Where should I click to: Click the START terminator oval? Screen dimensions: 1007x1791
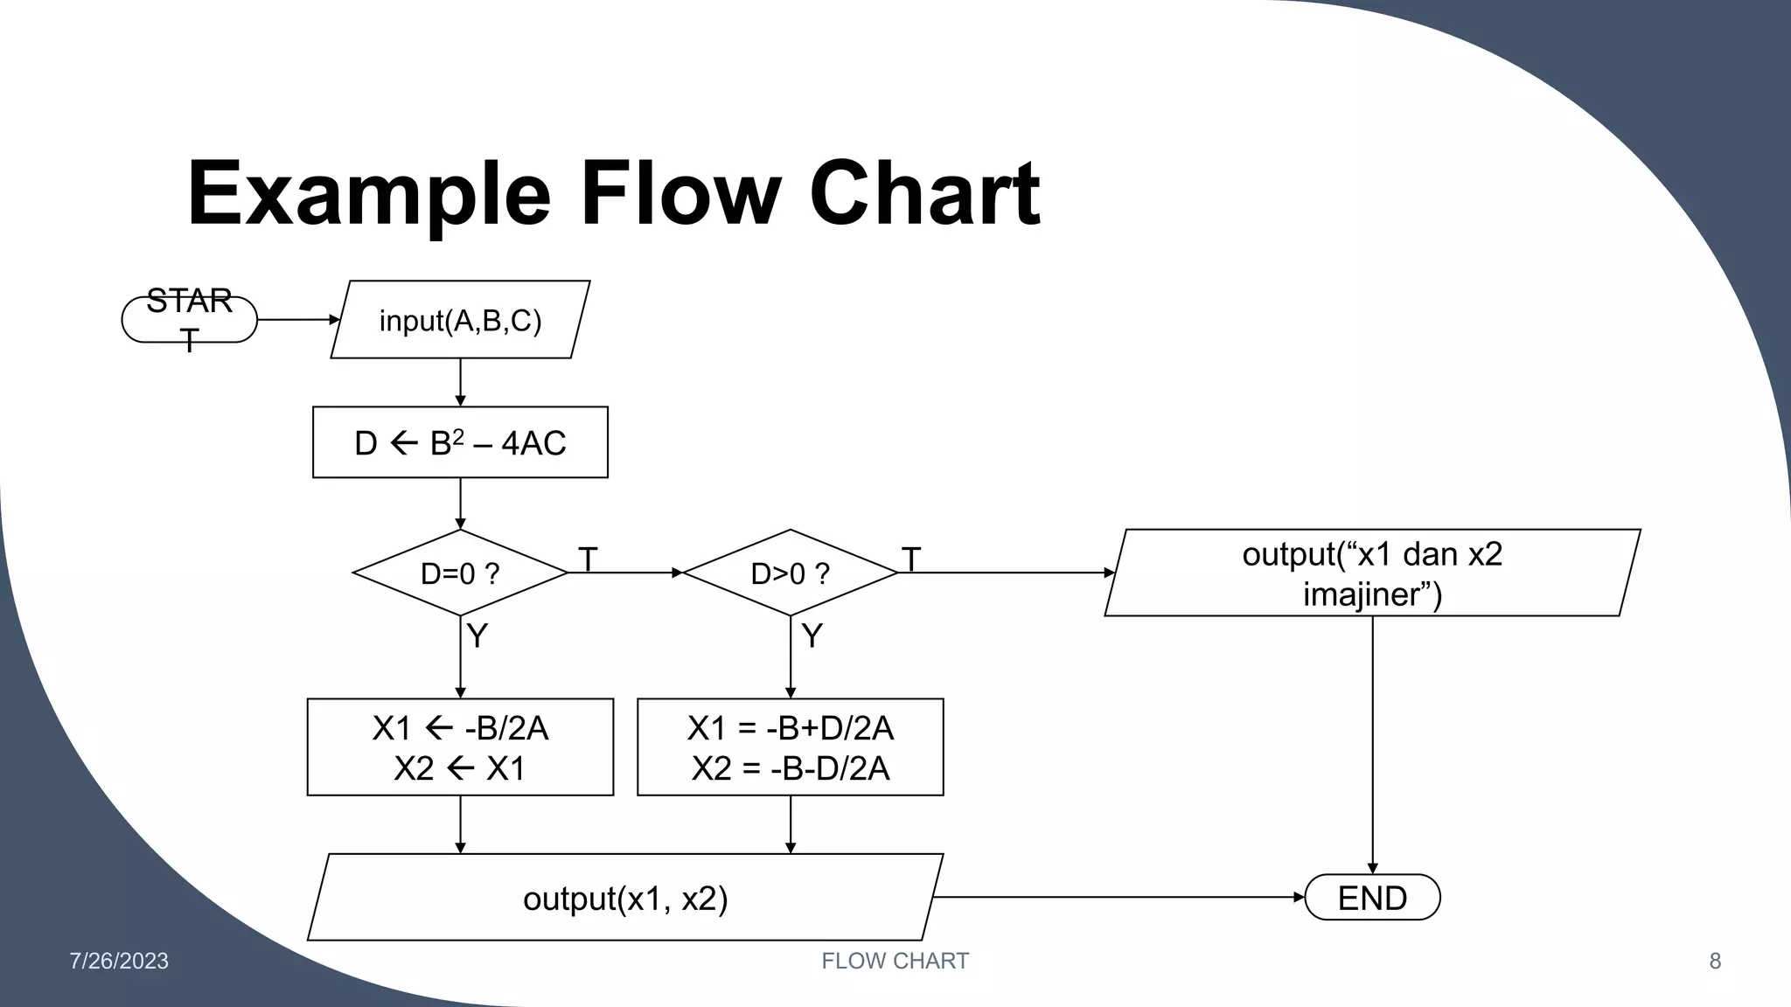(189, 320)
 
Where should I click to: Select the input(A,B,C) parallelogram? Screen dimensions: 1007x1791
(460, 320)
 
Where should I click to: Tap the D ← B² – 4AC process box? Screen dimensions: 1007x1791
(460, 442)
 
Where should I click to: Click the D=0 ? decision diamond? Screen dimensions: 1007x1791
(460, 573)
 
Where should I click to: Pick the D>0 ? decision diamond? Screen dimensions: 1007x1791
(790, 573)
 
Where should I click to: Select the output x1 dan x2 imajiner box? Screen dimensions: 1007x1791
(1371, 573)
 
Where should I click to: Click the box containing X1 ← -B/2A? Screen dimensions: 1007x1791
(460, 747)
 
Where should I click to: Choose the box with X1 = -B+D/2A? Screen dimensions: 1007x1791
(790, 747)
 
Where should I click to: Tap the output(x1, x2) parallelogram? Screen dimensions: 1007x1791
(625, 898)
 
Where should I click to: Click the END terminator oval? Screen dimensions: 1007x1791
(1371, 898)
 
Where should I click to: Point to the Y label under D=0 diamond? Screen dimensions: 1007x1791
(477, 635)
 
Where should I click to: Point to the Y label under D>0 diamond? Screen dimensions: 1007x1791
(812, 635)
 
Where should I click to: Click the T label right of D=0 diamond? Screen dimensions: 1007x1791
(588, 559)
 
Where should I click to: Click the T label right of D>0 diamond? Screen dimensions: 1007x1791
(910, 559)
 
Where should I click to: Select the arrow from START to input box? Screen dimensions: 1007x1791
(297, 320)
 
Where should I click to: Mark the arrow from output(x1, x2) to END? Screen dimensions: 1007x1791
(1119, 897)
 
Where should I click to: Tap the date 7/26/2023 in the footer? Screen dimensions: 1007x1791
(119, 961)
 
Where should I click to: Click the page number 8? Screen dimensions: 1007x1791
(1715, 961)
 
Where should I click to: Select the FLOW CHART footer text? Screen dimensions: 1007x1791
(895, 961)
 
